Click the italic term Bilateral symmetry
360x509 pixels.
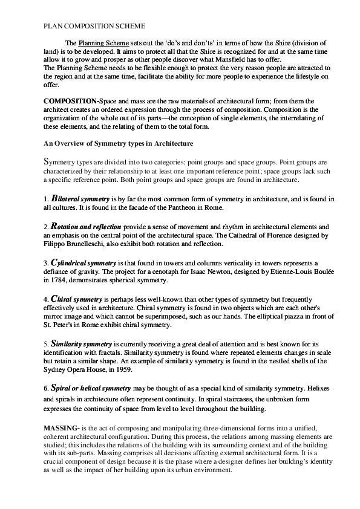click(x=80, y=198)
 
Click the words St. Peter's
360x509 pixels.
click(x=59, y=325)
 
